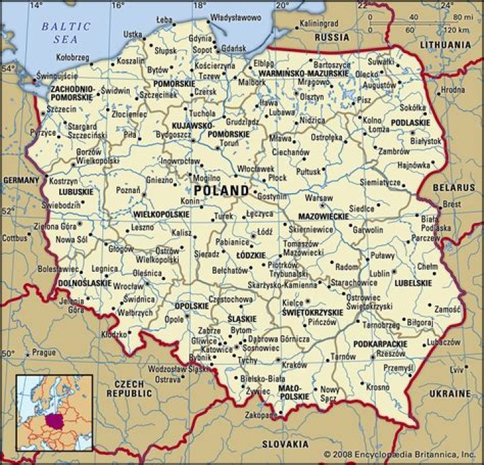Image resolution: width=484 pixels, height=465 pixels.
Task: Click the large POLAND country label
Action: [x=221, y=190]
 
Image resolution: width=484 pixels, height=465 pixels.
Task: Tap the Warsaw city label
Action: [x=319, y=199]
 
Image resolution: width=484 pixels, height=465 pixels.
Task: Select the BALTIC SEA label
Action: [x=65, y=32]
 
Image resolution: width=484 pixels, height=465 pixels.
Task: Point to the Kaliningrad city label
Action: [x=319, y=24]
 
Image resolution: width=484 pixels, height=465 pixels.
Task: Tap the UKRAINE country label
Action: [x=450, y=393]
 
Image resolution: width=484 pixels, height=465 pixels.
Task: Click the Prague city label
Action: [x=44, y=352]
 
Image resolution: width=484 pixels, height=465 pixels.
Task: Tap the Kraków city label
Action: [x=294, y=365]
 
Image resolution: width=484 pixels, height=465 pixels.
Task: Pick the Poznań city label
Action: [x=128, y=190]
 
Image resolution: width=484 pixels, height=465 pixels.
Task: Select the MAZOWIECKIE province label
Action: [x=324, y=217]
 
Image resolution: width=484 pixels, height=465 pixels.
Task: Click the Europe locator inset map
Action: [x=54, y=413]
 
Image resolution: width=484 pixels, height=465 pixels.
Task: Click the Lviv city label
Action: [x=457, y=369]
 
